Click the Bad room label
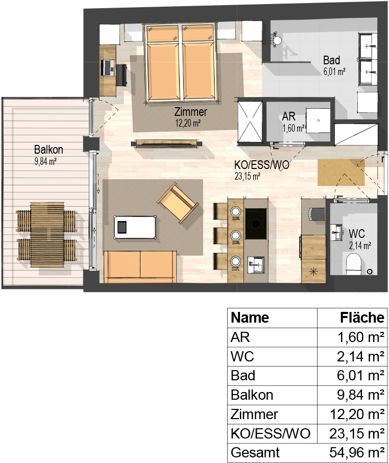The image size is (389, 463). pos(331,60)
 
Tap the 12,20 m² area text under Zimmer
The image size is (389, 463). pos(188,123)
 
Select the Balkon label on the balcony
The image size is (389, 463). pos(48,150)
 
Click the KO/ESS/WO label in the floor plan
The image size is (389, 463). pos(262,165)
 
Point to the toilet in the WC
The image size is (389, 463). pos(354,264)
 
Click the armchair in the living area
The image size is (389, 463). pos(178,203)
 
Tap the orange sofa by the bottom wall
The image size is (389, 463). pos(140,266)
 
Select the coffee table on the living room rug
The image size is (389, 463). pos(135,227)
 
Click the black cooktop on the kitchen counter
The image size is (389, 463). pos(256,224)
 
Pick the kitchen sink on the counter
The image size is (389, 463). pos(256,262)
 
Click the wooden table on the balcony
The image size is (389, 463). pos(47,234)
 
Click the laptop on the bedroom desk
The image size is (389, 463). pos(108,67)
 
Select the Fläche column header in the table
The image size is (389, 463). pos(362,318)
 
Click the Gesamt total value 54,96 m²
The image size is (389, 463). pos(357,452)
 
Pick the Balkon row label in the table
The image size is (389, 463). pos(252,395)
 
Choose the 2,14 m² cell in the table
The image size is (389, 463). pos(360,356)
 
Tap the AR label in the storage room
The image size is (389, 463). pos(288,116)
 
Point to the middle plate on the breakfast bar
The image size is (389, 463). pos(235,235)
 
